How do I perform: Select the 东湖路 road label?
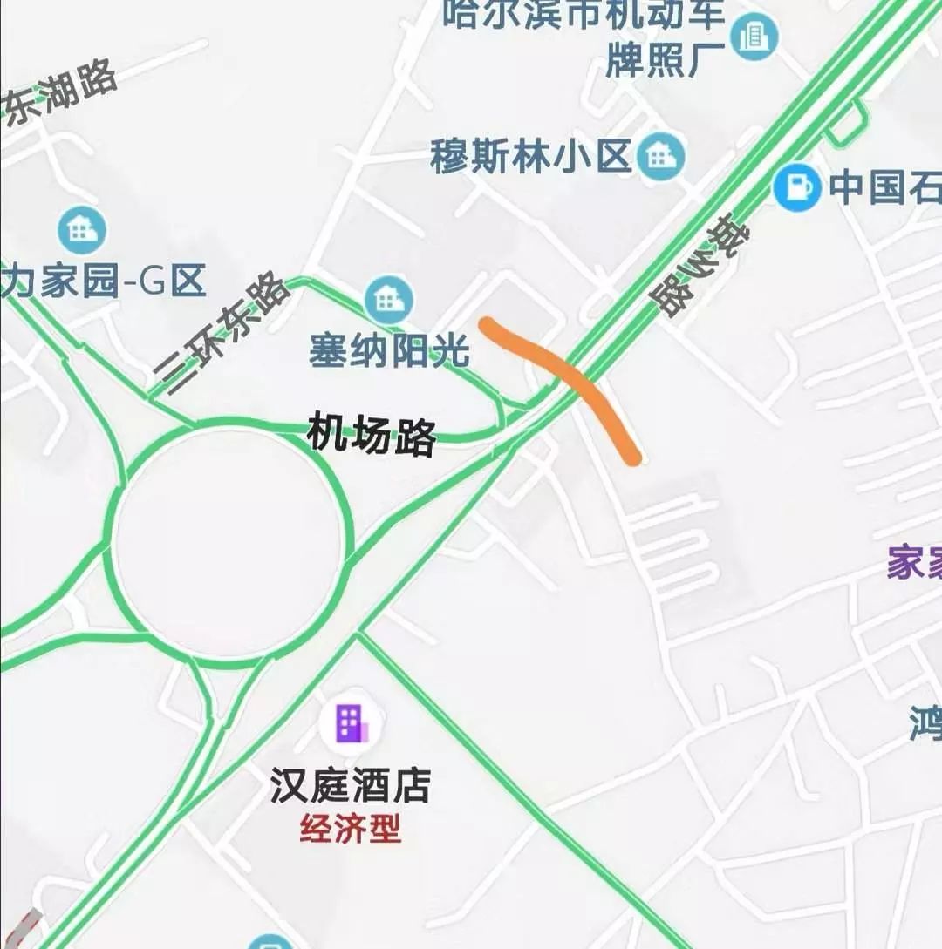(61, 96)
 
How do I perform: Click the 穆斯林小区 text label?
(530, 158)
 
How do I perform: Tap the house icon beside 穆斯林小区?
(661, 157)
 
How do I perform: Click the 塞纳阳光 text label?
(389, 352)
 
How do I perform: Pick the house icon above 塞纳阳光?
(388, 300)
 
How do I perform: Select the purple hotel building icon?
(349, 724)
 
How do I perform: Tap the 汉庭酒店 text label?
(351, 785)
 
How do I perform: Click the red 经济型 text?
(351, 828)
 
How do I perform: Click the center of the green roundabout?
(227, 544)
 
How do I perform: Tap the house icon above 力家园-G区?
(81, 231)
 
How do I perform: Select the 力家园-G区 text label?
(103, 283)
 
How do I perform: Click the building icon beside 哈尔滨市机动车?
(754, 37)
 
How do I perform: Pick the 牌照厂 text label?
(666, 61)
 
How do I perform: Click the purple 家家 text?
(914, 564)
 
